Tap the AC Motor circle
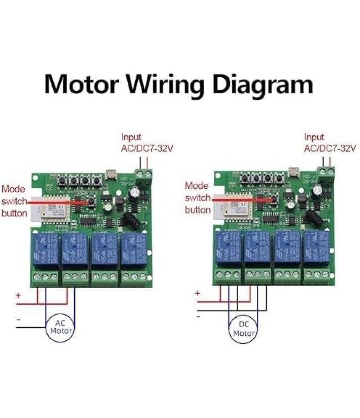pyautogui.click(x=61, y=327)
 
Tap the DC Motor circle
pyautogui.click(x=243, y=329)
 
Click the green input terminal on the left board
pyautogui.click(x=144, y=177)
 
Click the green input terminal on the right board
pyautogui.click(x=327, y=175)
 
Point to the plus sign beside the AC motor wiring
pyautogui.click(x=18, y=296)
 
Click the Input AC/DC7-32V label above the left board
pyautogui.click(x=147, y=142)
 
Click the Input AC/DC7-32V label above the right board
pyautogui.click(x=330, y=142)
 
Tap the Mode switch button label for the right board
pyautogui.click(x=198, y=198)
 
